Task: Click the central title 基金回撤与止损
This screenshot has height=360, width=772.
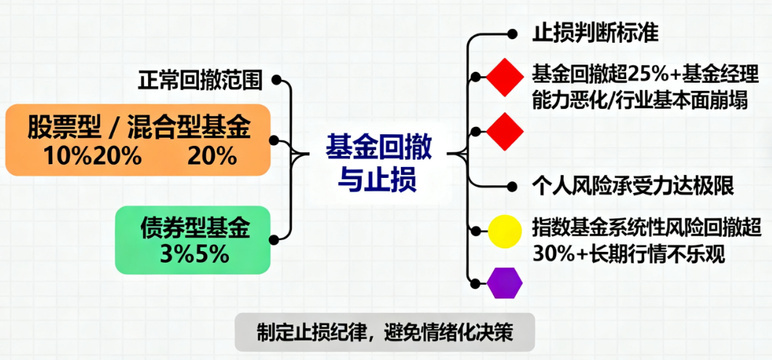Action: point(379,163)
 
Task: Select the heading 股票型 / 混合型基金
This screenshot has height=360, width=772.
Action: point(139,128)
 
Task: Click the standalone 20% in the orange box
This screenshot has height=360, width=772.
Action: point(212,155)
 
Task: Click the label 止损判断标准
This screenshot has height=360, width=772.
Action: point(595,33)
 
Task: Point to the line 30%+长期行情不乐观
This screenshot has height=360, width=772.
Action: point(628,255)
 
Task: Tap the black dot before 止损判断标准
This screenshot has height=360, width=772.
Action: point(513,33)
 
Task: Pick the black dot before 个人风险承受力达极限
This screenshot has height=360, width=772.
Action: point(513,186)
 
